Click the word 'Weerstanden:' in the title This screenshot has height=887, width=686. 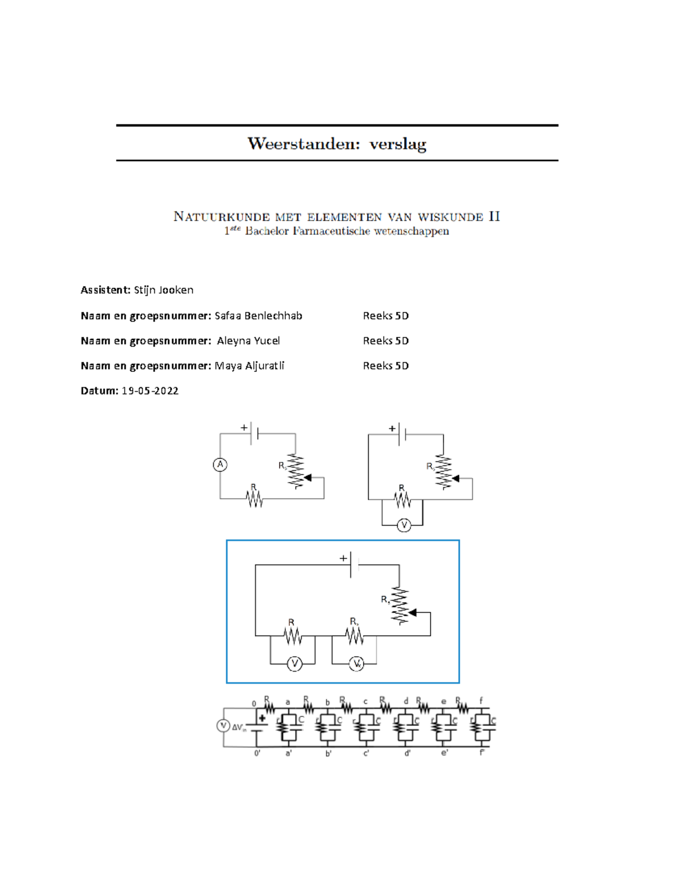click(304, 143)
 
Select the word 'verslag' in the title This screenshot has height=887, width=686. click(398, 144)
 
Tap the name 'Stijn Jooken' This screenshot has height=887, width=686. click(163, 290)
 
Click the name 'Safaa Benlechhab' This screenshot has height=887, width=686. click(258, 316)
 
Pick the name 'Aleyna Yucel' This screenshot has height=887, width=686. click(249, 341)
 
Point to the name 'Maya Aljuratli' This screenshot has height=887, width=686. click(249, 366)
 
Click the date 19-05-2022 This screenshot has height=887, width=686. click(150, 391)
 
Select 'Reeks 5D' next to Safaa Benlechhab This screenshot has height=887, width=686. click(386, 316)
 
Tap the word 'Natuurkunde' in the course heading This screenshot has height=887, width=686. click(222, 216)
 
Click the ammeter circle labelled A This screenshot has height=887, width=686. click(220, 465)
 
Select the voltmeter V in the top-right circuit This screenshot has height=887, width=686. click(404, 525)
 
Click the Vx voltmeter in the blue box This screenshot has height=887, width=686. click(356, 664)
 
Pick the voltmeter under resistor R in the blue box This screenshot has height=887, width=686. click(294, 664)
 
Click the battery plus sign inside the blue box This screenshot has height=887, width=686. click(343, 558)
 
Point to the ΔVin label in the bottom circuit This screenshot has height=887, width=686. click(239, 728)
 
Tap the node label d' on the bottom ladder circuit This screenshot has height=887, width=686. click(408, 753)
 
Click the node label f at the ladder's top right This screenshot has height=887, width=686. click(481, 701)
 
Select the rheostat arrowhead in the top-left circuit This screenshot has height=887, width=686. click(308, 477)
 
